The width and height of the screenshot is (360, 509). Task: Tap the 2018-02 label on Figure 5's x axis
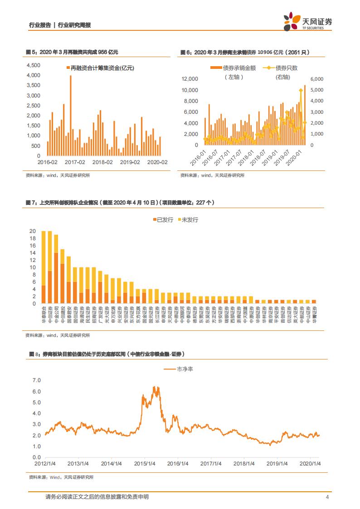coord(102,162)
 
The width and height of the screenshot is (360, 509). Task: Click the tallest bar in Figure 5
coord(70,116)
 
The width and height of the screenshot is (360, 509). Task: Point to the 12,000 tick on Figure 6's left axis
coord(190,79)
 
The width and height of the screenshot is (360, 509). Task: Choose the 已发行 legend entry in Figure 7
coord(163,220)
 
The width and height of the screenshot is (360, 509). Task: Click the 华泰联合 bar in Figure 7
coord(43,267)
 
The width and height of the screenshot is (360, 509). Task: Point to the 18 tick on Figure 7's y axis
coord(33,238)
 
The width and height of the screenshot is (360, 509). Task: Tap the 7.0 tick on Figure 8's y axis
coord(37,380)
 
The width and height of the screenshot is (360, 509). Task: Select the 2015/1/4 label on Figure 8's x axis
coord(146,464)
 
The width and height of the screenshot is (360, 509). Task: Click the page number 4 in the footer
coord(327,497)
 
